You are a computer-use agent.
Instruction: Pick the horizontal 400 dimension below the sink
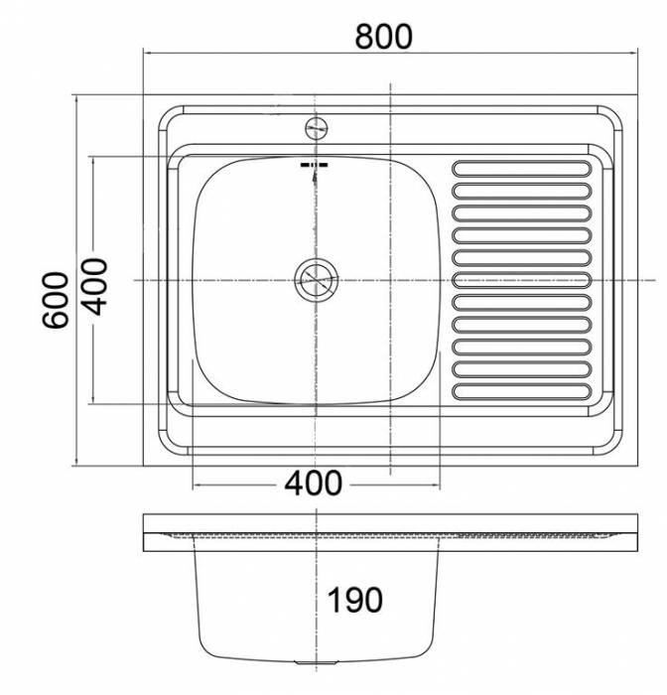point(313,484)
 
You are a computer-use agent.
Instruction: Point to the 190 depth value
point(353,600)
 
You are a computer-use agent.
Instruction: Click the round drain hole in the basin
point(317,280)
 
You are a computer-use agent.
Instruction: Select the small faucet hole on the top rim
point(317,127)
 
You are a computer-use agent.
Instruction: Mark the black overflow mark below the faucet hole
point(315,170)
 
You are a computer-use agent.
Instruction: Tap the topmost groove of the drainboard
point(521,168)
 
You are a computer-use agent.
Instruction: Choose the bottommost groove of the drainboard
point(521,391)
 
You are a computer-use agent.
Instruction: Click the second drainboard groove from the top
point(521,190)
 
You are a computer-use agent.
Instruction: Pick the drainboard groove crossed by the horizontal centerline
point(521,280)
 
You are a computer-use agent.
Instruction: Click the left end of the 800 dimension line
point(145,51)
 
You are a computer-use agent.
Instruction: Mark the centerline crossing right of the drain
point(393,280)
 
